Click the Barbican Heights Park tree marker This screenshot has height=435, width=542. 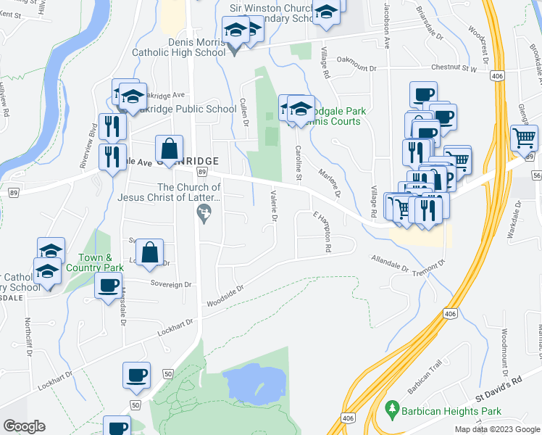point(392,410)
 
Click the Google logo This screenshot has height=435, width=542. point(25,426)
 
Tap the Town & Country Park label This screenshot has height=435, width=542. point(95,262)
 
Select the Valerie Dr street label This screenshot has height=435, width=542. point(273,206)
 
